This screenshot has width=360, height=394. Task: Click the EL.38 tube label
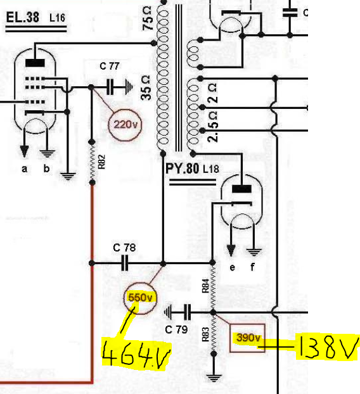pos(22,18)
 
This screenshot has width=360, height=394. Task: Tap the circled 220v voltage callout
pos(125,125)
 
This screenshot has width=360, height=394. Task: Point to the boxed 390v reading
pos(248,338)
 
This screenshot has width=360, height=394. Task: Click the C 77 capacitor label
pos(110,66)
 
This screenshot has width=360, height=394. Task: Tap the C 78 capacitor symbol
pos(125,263)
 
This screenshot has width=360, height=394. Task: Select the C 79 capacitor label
pos(176,329)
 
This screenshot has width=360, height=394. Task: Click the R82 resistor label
pos(101,162)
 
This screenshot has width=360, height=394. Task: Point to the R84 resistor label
pos(205,286)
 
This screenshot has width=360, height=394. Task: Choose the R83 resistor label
pos(205,334)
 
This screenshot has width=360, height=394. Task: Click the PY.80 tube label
pos(183,168)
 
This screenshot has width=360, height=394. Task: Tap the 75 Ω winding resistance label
pos(147,19)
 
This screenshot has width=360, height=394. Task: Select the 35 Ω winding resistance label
pos(146,88)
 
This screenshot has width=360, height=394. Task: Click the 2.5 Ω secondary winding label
pos(213,127)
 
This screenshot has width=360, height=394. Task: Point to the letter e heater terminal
pos(233,267)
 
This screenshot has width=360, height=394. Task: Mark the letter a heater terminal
pos(24,169)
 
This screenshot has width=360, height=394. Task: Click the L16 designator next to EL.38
pos(57,18)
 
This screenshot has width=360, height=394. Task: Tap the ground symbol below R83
pos(214,378)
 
